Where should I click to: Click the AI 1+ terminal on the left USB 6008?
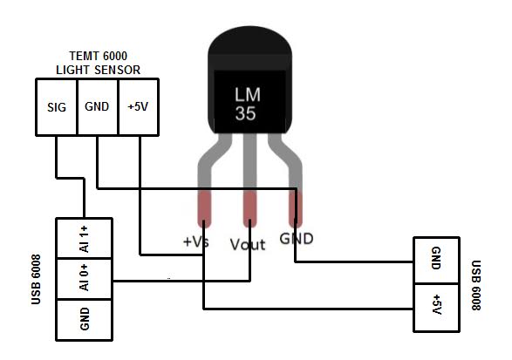tap(85, 237)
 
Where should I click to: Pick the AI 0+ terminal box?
tap(85, 278)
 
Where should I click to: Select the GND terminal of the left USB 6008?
tap(85, 319)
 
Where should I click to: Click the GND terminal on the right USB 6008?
tap(435, 259)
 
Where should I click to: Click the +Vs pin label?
tap(195, 243)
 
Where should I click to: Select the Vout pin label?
tap(248, 245)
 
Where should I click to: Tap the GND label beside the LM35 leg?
tap(297, 238)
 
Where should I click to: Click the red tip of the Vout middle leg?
tap(249, 209)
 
